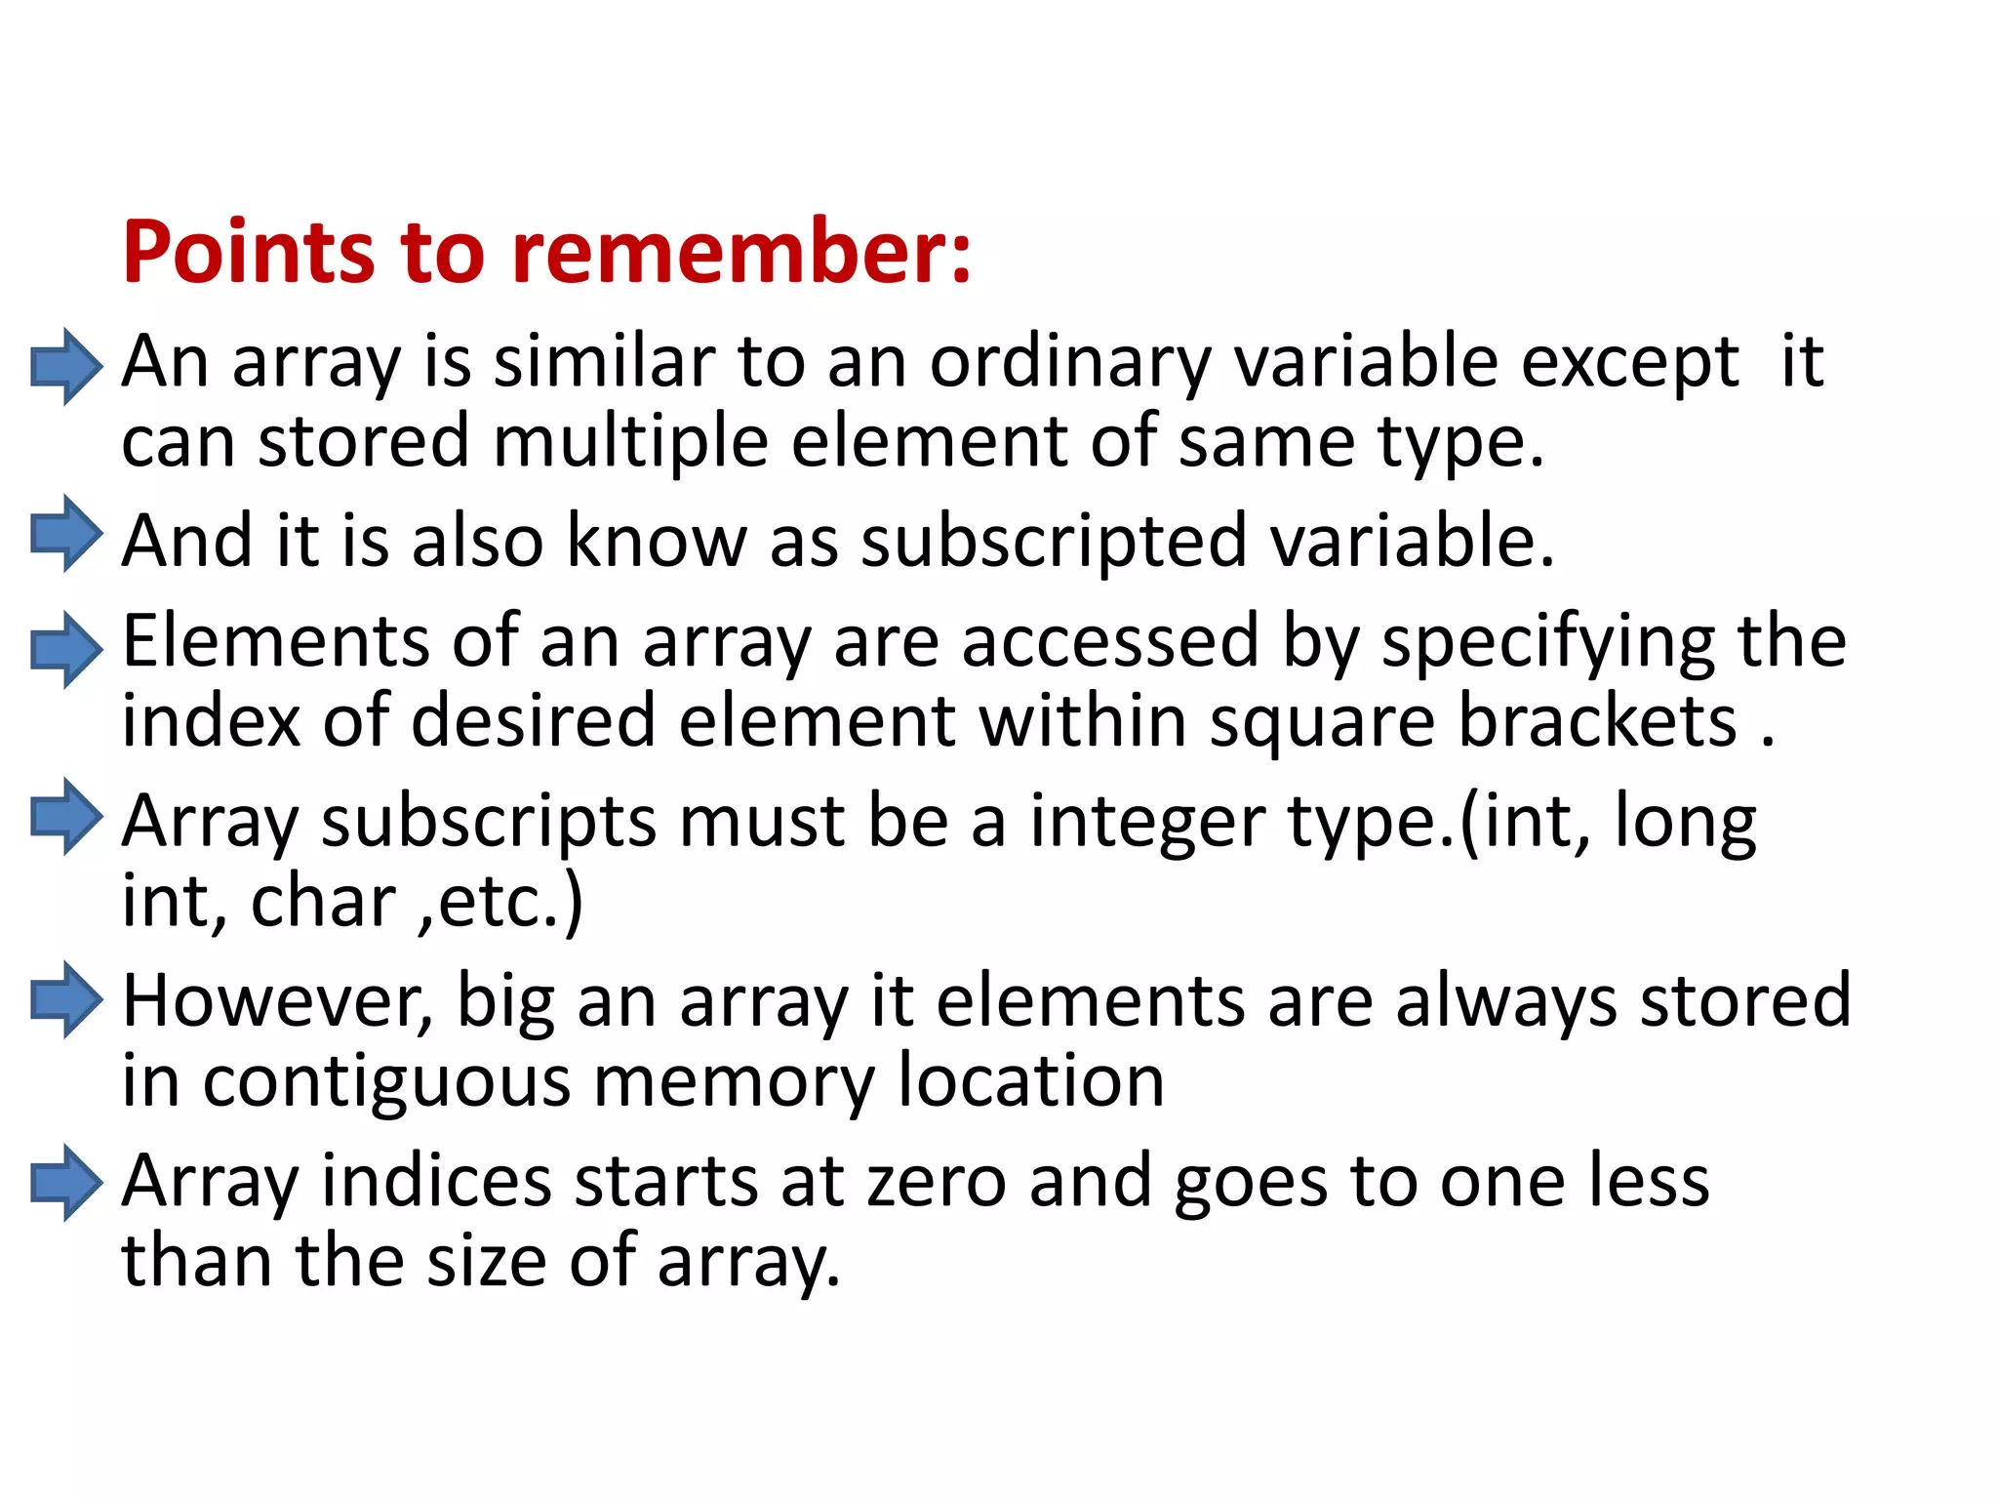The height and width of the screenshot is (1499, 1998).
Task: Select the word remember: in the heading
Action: [741, 252]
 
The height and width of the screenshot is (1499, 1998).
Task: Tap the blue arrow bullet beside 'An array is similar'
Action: [65, 366]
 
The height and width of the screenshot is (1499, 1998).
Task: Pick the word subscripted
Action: [1054, 542]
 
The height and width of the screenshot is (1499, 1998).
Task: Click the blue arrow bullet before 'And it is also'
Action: [65, 534]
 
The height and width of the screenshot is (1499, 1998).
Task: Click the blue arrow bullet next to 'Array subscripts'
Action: [65, 817]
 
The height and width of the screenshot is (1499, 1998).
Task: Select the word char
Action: [323, 901]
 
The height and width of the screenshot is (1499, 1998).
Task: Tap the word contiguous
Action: [386, 1083]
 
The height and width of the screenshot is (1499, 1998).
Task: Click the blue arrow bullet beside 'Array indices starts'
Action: [65, 1183]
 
